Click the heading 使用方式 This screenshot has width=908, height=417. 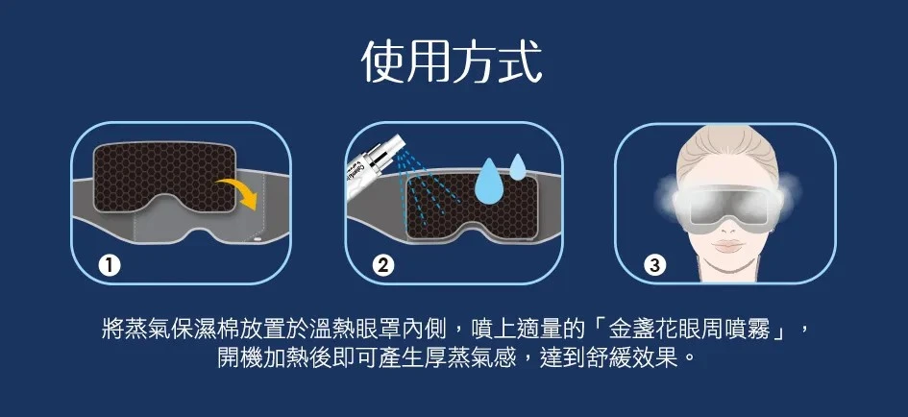coord(452,62)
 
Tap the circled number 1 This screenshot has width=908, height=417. coord(109,266)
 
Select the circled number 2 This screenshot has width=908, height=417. coord(382,266)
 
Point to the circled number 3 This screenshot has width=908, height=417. coord(655,266)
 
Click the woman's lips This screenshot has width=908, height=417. coord(728,246)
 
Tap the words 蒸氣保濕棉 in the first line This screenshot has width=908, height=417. coord(159,330)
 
